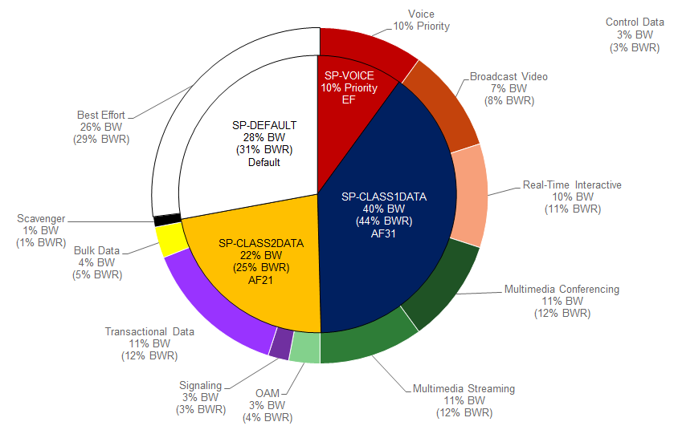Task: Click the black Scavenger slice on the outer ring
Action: tap(167, 220)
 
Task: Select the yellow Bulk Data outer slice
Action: tap(171, 241)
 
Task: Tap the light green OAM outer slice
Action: tap(304, 347)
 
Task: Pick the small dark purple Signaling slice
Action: tap(281, 343)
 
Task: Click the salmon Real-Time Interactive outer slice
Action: tap(469, 197)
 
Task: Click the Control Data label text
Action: tap(635, 34)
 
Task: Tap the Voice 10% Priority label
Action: tap(421, 20)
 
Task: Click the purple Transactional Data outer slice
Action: tap(215, 309)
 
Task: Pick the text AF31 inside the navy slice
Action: tap(383, 233)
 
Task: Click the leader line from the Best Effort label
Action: tap(162, 102)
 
